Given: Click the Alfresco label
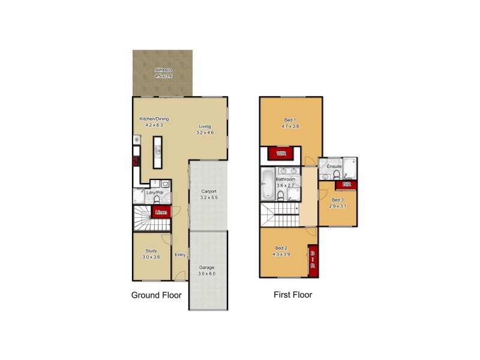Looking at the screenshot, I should tap(163, 70).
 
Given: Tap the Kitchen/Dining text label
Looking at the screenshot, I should tap(151, 119).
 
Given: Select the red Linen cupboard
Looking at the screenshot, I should tap(161, 212).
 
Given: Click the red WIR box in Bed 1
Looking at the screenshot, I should tap(280, 154).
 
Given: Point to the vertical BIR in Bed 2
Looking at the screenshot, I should tap(313, 260).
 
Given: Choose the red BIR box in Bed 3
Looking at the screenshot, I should tap(346, 185).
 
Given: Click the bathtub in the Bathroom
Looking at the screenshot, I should tap(267, 183).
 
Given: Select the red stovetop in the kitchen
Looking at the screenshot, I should tap(136, 161).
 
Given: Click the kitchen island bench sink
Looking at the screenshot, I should tap(158, 154).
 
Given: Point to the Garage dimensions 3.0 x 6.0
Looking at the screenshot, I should tap(207, 274).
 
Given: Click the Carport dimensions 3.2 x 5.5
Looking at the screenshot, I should tap(209, 197).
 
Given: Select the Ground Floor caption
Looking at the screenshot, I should tap(156, 295).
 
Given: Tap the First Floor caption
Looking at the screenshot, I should tap(292, 295).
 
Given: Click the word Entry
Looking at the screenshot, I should tap(180, 255).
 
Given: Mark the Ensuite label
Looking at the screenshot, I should tap(334, 166).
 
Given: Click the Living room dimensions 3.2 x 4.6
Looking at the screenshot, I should tap(205, 132).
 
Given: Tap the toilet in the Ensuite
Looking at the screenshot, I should tap(337, 175).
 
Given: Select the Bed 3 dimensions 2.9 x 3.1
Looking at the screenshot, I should tap(338, 205).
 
